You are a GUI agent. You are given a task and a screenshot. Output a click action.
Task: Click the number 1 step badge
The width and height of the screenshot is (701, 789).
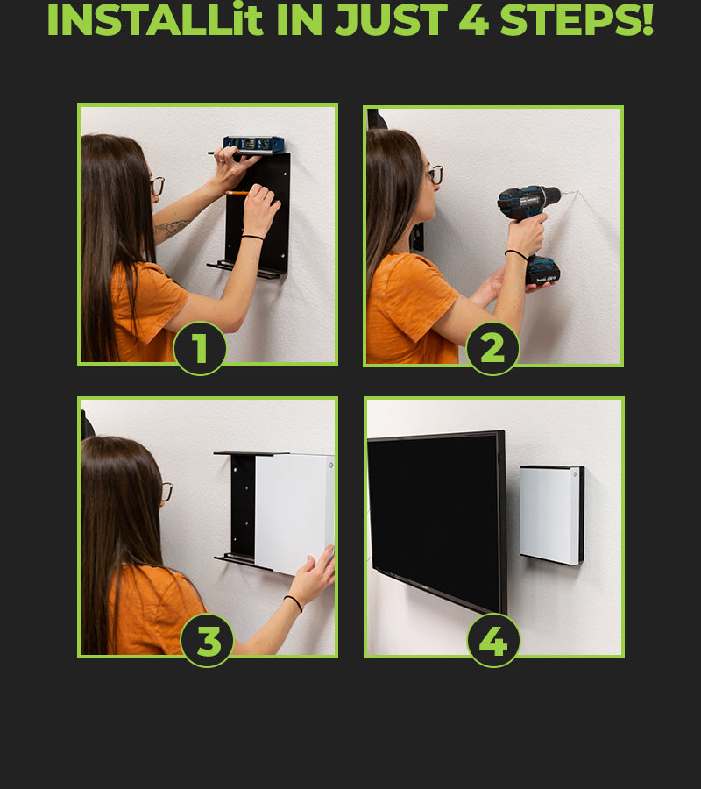tap(200, 348)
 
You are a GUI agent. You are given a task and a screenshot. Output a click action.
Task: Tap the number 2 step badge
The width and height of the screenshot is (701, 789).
tap(492, 348)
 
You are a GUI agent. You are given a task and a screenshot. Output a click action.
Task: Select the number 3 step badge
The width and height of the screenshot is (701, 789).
tap(207, 640)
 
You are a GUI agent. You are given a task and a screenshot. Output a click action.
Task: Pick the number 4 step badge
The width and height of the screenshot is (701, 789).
tap(493, 641)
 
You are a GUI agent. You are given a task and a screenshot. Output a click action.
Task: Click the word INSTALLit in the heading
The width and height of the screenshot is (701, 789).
tap(155, 20)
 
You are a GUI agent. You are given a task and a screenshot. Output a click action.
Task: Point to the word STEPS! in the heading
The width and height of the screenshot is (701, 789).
tap(577, 20)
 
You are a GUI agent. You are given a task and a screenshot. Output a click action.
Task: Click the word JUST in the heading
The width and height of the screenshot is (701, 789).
tap(391, 20)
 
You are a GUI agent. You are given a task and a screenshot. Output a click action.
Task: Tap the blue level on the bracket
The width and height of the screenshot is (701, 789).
tap(253, 144)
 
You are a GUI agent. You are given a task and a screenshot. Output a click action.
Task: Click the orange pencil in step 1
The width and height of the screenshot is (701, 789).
tap(237, 192)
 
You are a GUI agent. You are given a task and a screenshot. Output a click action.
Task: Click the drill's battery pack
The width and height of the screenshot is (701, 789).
tap(542, 271)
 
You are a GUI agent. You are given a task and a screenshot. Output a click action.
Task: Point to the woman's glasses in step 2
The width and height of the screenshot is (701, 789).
tap(435, 174)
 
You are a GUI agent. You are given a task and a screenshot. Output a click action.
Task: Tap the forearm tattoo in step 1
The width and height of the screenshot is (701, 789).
tap(172, 228)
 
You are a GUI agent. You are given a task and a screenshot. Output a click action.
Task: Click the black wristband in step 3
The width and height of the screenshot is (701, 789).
tap(294, 602)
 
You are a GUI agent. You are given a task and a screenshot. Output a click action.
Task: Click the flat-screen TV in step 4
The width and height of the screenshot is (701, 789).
tap(436, 521)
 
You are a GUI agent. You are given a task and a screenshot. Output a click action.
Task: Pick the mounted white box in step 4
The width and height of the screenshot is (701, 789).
tap(552, 515)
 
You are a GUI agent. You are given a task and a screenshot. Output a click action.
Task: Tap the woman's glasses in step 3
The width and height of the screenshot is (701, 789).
tap(167, 492)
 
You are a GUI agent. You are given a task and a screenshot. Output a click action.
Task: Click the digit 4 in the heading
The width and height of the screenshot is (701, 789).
tap(474, 20)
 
